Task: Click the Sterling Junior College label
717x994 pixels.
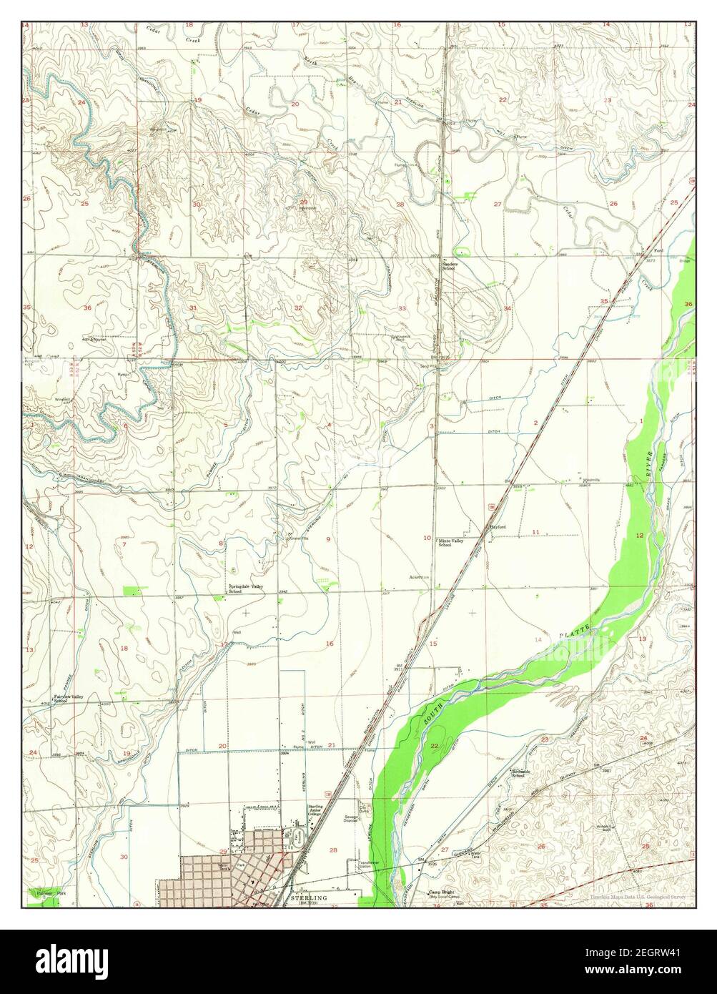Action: (x=316, y=810)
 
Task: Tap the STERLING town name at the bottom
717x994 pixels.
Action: (x=310, y=897)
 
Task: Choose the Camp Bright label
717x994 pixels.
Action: (x=441, y=893)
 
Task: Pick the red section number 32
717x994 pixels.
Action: (x=297, y=307)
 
